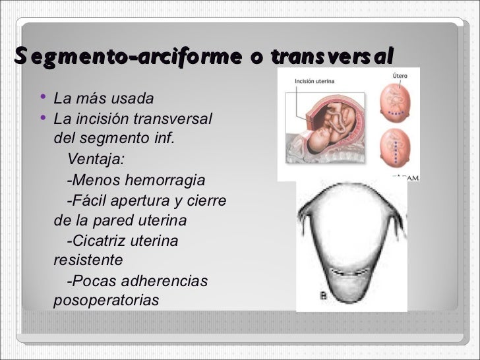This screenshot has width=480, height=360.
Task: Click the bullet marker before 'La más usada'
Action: pos(43,98)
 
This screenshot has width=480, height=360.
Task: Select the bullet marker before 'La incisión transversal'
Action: pos(43,118)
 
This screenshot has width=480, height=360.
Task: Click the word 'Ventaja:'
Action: pos(96,160)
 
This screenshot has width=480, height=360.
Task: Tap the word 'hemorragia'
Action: pos(167,181)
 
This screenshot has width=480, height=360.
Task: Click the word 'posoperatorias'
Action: pos(106,301)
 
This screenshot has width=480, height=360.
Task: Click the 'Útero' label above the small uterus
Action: pos(400,76)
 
